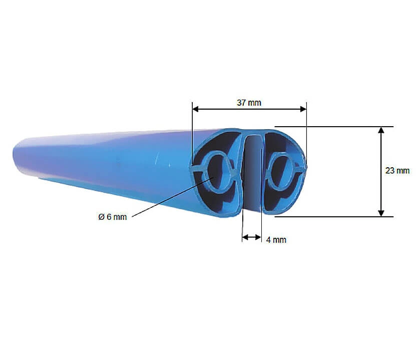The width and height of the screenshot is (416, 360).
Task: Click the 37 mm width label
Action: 249,102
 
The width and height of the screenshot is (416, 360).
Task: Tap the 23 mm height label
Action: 397,171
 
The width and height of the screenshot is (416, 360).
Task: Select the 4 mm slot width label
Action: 276,240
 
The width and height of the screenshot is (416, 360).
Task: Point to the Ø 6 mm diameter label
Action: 113,217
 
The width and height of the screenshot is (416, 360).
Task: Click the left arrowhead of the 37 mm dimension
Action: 196,109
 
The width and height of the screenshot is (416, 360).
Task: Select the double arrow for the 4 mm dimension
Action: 251,238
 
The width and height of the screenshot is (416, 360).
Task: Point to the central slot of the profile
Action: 253,170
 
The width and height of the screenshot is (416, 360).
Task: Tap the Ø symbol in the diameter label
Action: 101,217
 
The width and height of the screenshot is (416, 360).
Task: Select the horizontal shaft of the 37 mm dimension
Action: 225,109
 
